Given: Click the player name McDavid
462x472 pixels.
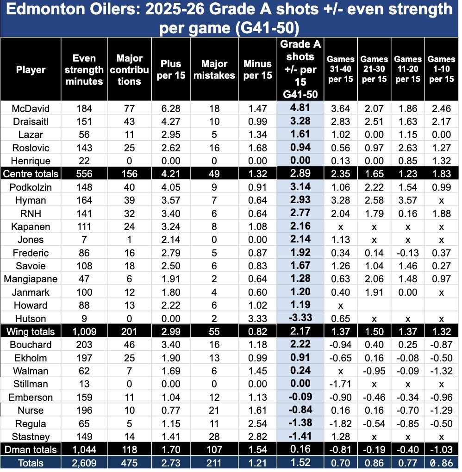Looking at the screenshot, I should click(31, 108).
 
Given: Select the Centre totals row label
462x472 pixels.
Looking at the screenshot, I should click(31, 174).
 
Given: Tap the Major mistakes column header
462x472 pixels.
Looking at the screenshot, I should click(214, 69).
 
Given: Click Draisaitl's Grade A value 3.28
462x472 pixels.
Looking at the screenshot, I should click(300, 121).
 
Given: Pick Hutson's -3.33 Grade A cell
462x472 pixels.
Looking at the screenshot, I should click(300, 318).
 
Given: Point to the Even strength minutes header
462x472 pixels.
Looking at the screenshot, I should click(84, 69).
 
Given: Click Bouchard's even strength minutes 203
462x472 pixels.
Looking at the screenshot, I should click(84, 345).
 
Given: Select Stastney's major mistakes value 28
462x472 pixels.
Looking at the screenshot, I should click(214, 436).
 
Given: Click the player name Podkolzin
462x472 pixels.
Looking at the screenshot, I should click(31, 187).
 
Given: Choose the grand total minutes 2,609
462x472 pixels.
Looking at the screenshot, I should click(84, 463).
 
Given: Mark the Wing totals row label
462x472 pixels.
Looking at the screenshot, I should click(31, 332).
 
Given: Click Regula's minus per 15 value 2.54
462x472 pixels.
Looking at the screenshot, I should click(257, 423).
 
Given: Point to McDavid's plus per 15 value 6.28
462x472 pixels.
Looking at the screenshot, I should click(170, 108).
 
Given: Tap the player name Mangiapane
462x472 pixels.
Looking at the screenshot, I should click(31, 279).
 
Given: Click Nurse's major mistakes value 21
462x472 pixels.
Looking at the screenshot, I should click(214, 410).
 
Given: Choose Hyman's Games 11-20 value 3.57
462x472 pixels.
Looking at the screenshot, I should click(407, 200).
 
